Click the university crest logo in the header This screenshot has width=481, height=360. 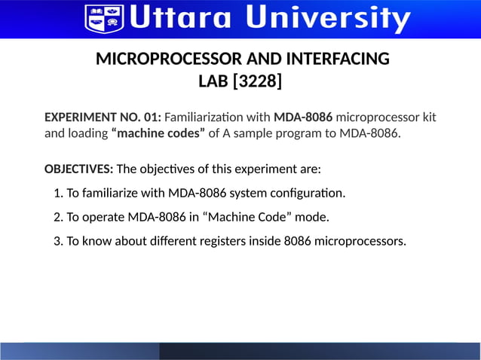point(104,17)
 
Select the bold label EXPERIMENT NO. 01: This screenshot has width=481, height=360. point(103,117)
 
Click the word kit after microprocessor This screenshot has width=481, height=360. point(427,117)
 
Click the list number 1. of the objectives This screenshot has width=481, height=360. point(59,193)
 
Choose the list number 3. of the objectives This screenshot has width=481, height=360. point(59,241)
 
